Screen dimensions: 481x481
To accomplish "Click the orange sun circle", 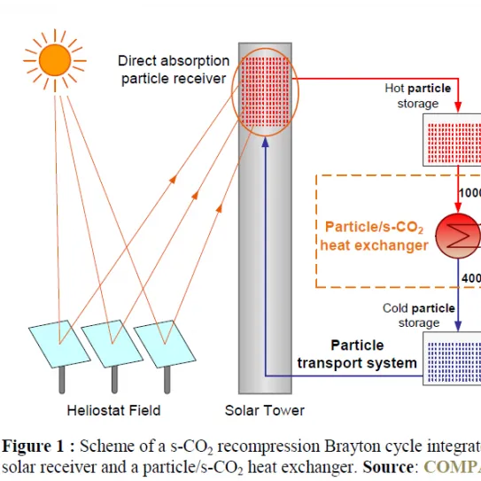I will (x=55, y=59).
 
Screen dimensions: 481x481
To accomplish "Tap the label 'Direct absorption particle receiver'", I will (x=174, y=70).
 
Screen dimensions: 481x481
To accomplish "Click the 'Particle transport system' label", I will (x=357, y=354).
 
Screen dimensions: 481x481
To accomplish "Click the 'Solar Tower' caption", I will (x=265, y=410).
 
